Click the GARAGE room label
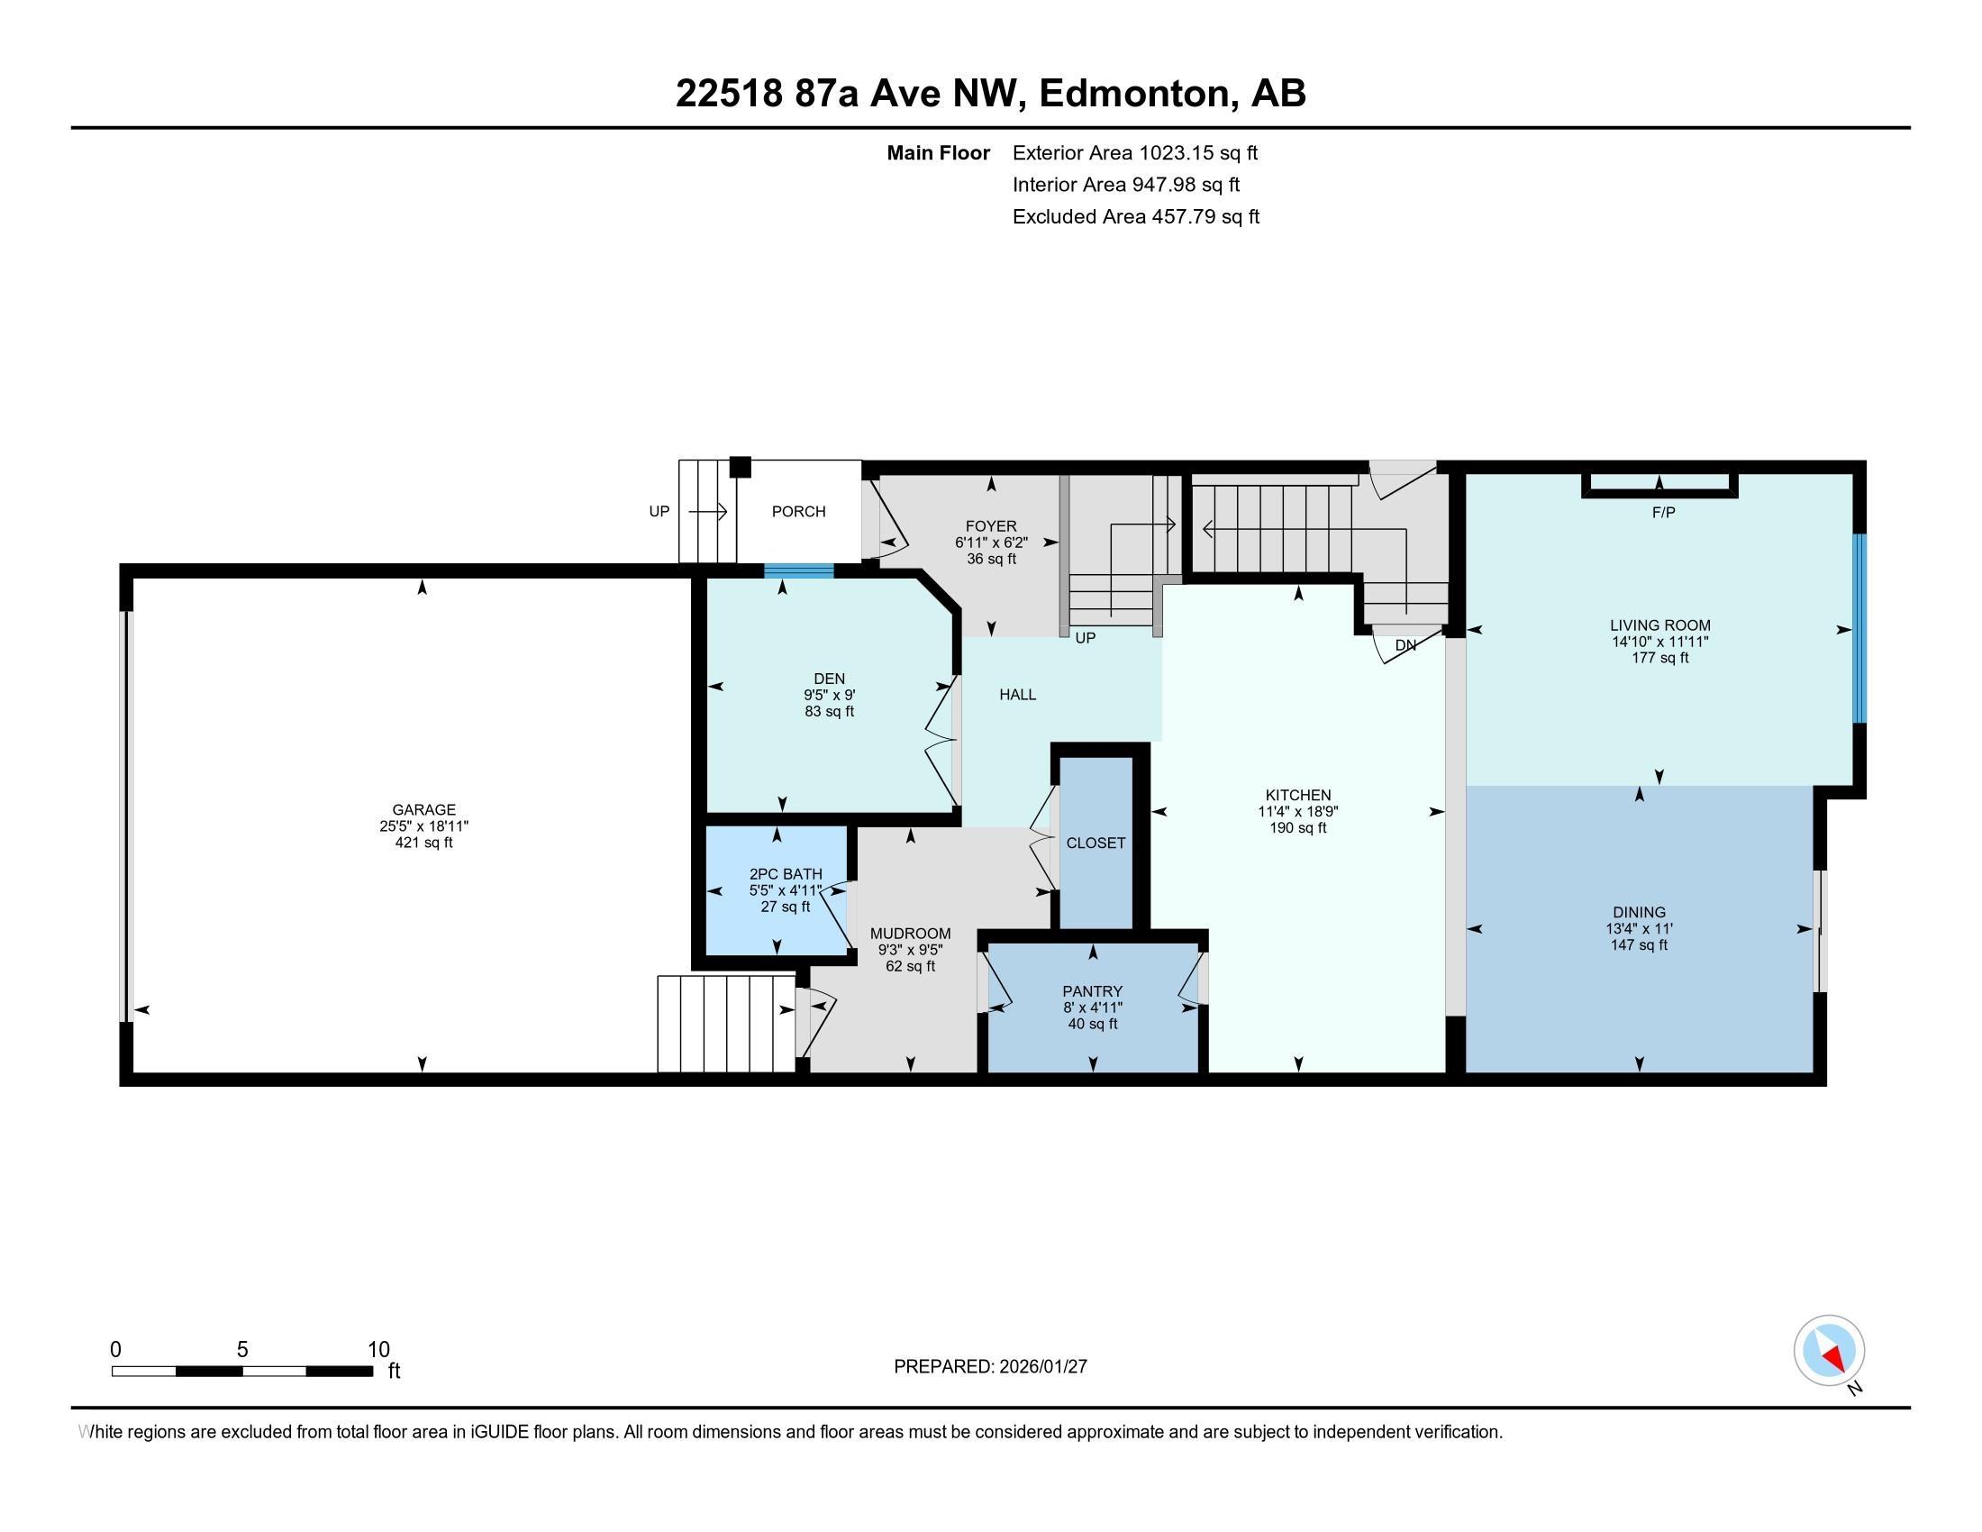point(423,809)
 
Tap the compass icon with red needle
point(1829,1350)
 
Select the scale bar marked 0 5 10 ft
point(242,1371)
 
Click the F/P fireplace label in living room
point(1662,513)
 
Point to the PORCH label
point(797,512)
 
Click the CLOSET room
point(1096,844)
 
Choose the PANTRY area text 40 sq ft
point(1092,1024)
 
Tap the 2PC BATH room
point(784,890)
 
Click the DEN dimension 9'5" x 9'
point(829,695)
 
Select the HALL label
point(1017,694)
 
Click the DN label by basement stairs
point(1405,645)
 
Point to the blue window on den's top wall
point(797,570)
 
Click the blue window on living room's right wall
point(1859,628)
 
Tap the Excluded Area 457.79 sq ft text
point(1135,217)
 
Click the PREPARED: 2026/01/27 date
point(990,1366)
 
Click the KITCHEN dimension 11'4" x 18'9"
point(1297,812)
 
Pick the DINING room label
point(1638,912)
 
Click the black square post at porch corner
point(740,467)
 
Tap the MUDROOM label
point(909,934)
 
